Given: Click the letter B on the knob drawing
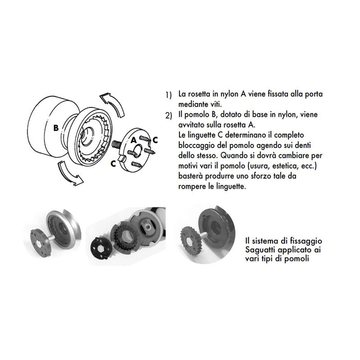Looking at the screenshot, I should pos(55,128).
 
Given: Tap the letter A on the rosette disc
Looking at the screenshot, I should pos(133,139).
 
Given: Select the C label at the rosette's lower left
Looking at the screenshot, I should pos(113,163).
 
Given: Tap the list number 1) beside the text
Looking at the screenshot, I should pos(169,96).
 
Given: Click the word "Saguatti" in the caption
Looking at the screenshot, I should pos(261,249).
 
